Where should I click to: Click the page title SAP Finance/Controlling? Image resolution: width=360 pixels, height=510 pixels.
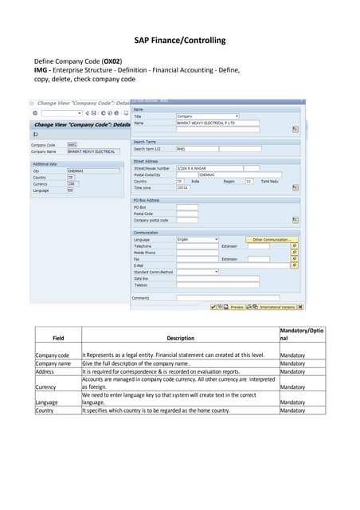click(x=180, y=41)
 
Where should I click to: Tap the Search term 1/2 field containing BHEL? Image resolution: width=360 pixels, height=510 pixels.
click(x=196, y=149)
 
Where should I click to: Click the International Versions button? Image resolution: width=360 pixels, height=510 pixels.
click(x=278, y=306)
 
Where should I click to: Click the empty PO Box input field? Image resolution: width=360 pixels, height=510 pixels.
click(x=187, y=207)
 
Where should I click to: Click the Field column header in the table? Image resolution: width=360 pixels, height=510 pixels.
click(x=58, y=338)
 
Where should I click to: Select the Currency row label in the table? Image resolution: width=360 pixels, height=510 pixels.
click(x=47, y=387)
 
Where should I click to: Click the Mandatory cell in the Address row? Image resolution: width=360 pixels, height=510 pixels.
click(x=292, y=371)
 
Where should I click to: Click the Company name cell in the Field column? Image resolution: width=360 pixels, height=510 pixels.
click(x=54, y=363)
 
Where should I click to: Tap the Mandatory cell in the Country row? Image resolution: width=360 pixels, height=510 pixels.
click(x=292, y=410)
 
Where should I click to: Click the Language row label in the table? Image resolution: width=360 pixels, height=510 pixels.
click(x=48, y=402)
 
